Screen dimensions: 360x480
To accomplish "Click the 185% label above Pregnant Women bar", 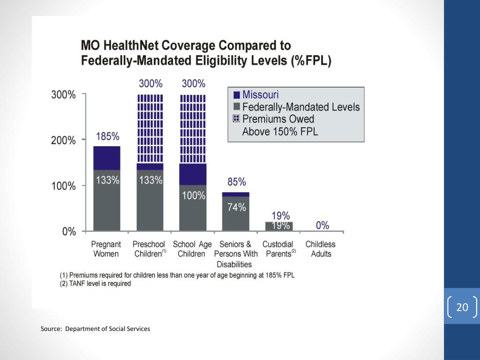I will pyautogui.click(x=108, y=137).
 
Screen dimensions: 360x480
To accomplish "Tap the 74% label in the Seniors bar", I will pyautogui.click(x=237, y=207).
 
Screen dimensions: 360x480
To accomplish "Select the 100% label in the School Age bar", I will pyautogui.click(x=194, y=195).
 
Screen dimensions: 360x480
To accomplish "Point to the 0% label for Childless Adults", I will pyautogui.click(x=322, y=225).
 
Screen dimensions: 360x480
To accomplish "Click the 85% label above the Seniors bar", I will pyautogui.click(x=237, y=182).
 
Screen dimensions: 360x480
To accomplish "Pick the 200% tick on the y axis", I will pyautogui.click(x=63, y=140).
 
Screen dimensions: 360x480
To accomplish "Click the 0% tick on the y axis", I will pyautogui.click(x=69, y=232).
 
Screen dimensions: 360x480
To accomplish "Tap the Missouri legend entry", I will pyautogui.click(x=260, y=94).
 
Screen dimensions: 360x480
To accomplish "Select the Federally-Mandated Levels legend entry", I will pyautogui.click(x=300, y=107).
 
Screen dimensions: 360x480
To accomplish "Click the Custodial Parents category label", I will pyautogui.click(x=278, y=249).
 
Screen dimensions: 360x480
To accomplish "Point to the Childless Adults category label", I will pyautogui.click(x=321, y=249).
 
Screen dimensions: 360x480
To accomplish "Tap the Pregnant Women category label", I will pyautogui.click(x=106, y=249).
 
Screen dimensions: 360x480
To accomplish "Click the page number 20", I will pyautogui.click(x=462, y=307).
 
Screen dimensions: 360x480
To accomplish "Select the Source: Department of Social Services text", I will pyautogui.click(x=95, y=329).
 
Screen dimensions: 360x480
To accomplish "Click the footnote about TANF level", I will pyautogui.click(x=95, y=284).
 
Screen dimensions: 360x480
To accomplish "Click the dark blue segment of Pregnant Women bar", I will pyautogui.click(x=106, y=158).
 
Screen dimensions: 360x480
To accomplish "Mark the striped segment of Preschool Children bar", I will pyautogui.click(x=150, y=129).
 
